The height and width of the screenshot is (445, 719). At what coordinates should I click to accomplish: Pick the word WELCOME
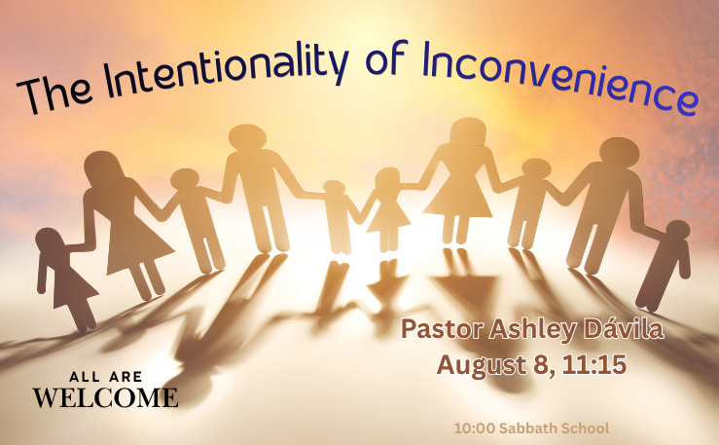[105, 397]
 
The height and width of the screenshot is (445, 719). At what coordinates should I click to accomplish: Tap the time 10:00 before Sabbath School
[475, 428]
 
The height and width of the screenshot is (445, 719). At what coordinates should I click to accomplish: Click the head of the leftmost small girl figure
[49, 239]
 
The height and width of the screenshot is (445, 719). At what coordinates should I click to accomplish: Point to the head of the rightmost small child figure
[678, 230]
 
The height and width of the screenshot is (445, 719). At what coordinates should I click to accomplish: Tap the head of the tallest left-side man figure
[248, 136]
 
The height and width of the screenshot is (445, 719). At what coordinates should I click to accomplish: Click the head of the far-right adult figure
[619, 152]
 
